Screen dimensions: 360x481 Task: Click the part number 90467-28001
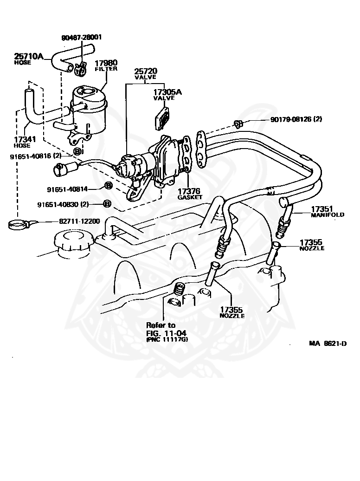pos(82,38)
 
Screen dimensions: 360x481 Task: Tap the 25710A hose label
pos(28,56)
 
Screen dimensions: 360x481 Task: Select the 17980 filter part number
pos(106,63)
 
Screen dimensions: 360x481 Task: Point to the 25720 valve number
pos(146,71)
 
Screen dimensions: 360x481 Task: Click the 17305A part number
pos(167,92)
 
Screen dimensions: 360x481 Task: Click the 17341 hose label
pos(25,139)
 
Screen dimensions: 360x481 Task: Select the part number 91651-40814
pos(67,189)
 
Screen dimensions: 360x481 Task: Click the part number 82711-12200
pos(79,221)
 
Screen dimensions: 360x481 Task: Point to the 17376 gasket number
pos(189,191)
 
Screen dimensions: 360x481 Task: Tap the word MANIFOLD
pos(328,214)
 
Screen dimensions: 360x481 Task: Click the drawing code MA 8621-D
pos(328,343)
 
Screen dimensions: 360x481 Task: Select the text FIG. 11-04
pos(166,333)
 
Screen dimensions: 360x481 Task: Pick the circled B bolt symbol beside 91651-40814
pos(108,186)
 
